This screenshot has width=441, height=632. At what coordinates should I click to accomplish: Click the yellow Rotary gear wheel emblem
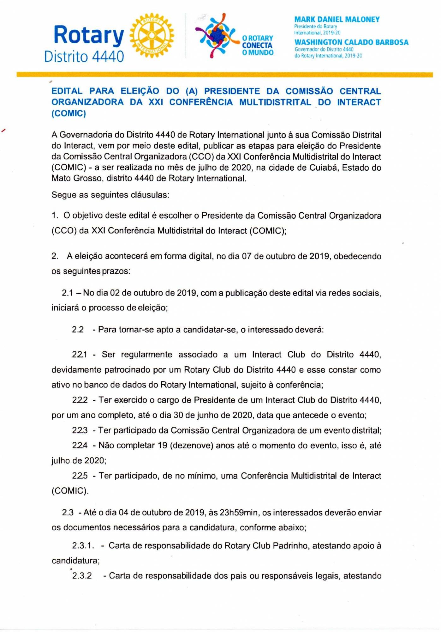click(x=152, y=35)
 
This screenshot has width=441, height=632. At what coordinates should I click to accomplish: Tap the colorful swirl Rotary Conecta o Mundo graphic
click(x=217, y=35)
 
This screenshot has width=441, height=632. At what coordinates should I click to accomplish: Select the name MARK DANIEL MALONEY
click(x=337, y=20)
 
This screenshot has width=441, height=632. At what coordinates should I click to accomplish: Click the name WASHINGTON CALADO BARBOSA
click(x=351, y=42)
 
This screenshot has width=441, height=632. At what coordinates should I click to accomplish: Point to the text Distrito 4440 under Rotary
click(x=84, y=57)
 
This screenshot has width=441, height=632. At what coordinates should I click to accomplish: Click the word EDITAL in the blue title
click(x=67, y=91)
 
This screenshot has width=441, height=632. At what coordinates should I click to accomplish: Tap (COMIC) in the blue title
click(x=69, y=113)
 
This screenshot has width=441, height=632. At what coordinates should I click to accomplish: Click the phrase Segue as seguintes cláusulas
click(x=110, y=195)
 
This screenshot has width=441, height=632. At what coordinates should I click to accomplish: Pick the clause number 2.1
click(x=68, y=293)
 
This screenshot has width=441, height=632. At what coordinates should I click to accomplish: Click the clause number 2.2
click(x=78, y=330)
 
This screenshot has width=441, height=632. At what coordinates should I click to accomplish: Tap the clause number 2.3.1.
click(x=83, y=546)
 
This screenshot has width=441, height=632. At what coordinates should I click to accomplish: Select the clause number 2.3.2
click(x=82, y=576)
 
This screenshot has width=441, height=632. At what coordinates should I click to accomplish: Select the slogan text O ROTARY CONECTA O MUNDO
click(x=258, y=46)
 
